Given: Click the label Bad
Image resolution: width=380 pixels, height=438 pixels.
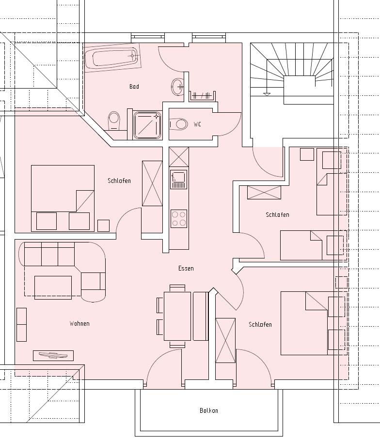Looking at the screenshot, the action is tap(134, 86).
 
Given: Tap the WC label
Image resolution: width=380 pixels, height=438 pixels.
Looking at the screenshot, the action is tap(197, 124).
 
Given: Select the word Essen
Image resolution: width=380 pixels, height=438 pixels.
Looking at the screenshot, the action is tap(186, 269).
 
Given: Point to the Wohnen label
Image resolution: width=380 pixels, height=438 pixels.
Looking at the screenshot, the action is tap(79, 323).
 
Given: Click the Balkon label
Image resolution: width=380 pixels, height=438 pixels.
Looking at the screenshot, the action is tap(209, 410).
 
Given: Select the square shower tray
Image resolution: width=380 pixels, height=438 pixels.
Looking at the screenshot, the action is tap(147, 125).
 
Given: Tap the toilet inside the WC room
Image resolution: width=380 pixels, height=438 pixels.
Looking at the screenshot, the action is tap(178, 124).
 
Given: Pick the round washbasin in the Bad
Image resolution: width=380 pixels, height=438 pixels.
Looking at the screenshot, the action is tap(177, 87).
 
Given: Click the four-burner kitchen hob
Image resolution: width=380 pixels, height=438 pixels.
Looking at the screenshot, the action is tap(179, 218).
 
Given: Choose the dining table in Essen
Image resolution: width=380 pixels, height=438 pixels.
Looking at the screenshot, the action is tap(177, 316).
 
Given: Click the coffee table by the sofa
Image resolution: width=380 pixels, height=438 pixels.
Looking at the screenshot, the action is tap(53, 287).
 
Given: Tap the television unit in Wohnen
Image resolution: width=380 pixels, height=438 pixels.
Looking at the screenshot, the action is tap(53, 356).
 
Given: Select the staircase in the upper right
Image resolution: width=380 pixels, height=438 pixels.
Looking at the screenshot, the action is tap(292, 74).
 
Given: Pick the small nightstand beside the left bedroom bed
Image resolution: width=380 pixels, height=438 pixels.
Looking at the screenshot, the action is tap(104, 226).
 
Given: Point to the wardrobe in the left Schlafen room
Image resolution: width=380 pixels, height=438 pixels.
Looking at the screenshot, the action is tap(152, 183).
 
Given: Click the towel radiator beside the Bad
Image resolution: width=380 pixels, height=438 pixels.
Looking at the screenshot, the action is tap(202, 96).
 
